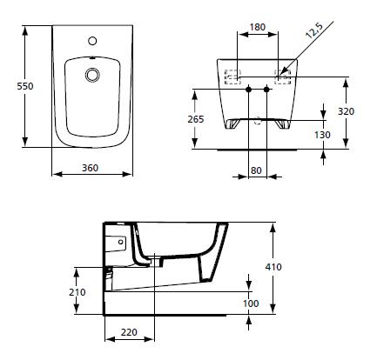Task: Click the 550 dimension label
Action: [x=25, y=86]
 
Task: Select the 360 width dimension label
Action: [x=90, y=168]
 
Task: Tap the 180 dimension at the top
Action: [x=258, y=27]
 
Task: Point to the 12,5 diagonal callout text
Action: [x=314, y=30]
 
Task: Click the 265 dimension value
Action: [x=196, y=119]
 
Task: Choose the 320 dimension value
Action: [x=346, y=111]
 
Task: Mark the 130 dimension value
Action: [x=322, y=135]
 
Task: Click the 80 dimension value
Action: [x=256, y=170]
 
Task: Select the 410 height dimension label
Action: [x=273, y=267]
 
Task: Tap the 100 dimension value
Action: [x=251, y=303]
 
